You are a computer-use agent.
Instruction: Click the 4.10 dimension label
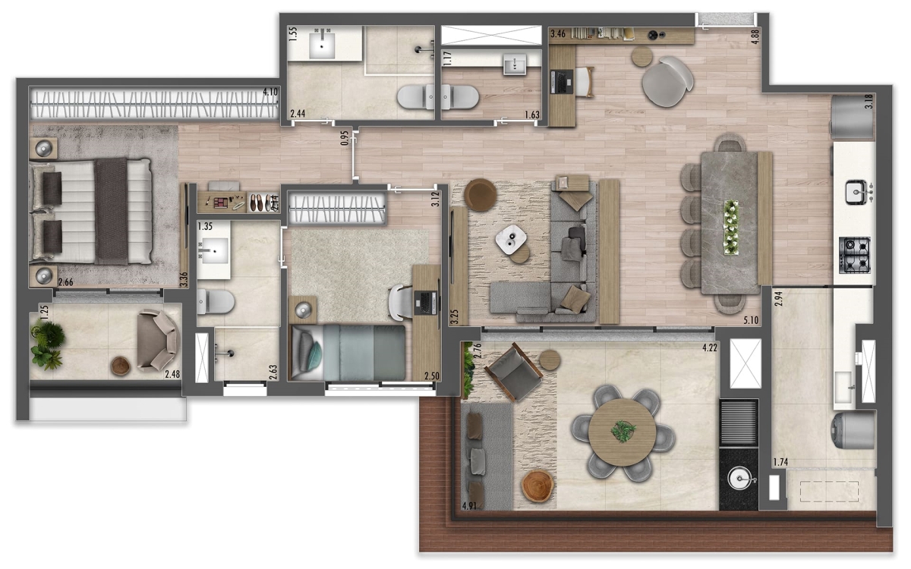click(269, 92)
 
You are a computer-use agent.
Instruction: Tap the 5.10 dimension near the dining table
click(750, 320)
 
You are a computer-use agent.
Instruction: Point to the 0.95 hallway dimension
click(345, 138)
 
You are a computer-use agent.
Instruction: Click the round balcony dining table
click(623, 432)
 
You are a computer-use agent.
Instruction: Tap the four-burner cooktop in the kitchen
click(854, 255)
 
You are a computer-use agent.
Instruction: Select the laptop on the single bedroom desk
click(427, 302)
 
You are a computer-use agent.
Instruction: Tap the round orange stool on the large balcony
click(538, 486)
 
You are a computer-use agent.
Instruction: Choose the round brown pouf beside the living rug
click(480, 195)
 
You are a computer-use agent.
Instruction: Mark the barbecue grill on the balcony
click(738, 422)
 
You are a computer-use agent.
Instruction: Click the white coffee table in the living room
click(512, 240)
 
